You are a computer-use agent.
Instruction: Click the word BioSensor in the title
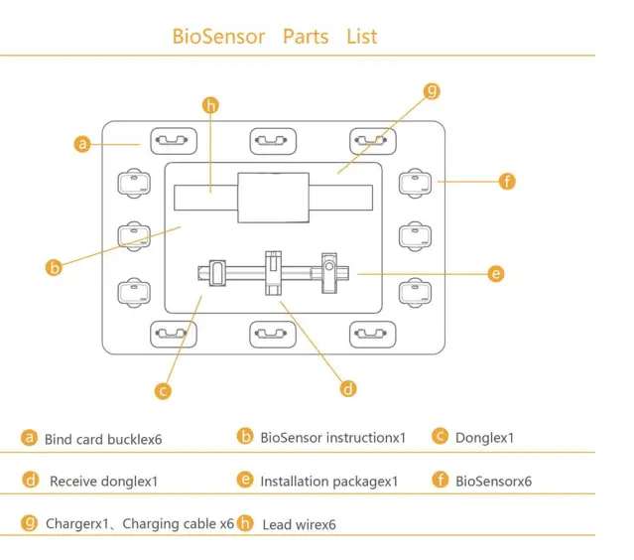pos(218,37)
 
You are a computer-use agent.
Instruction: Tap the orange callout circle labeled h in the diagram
pos(209,104)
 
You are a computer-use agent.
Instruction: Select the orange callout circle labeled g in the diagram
pos(432,91)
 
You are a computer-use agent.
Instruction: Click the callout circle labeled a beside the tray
pos(83,144)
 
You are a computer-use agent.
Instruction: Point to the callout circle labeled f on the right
pos(507,181)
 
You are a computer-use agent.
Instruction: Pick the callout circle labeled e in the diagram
pos(496,273)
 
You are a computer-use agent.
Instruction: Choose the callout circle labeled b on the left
pos(55,266)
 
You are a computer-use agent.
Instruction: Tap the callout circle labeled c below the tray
pos(164,390)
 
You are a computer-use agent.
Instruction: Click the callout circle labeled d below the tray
pos(347,388)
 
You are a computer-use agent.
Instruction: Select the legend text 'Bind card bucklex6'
pos(103,438)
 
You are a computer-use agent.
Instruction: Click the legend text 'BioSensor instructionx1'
pos(333,437)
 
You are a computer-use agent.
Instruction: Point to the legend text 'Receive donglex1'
pos(103,482)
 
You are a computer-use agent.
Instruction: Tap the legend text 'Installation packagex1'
pos(328,482)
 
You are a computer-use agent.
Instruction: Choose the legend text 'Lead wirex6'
pos(299,524)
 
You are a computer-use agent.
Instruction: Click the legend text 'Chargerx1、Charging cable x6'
pos(140,523)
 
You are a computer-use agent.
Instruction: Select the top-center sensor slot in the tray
pos(273,140)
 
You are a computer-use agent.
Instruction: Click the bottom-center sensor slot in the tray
pos(273,335)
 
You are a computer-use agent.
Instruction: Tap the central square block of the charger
pos(273,197)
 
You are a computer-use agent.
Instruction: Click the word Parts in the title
pos(306,37)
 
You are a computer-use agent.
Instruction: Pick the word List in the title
pos(362,37)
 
